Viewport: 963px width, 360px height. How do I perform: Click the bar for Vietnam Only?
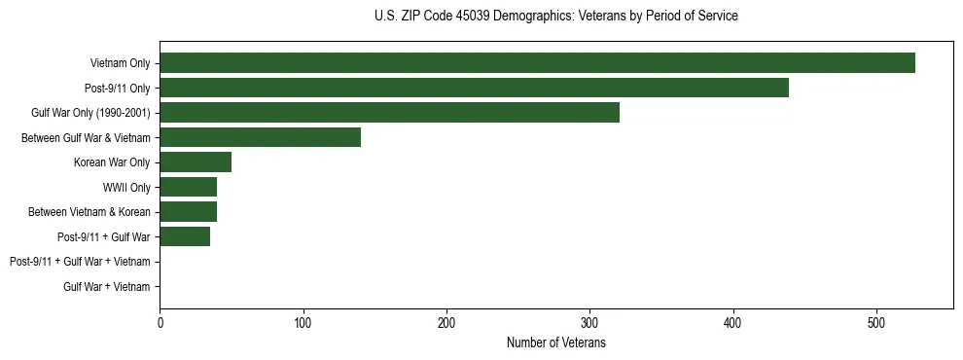pos(537,63)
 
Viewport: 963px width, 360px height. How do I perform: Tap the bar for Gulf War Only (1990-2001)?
pos(389,113)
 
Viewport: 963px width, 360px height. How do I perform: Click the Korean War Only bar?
pos(196,162)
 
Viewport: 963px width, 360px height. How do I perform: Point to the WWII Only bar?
pos(188,187)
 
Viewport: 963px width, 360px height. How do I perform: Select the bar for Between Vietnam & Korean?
pos(188,212)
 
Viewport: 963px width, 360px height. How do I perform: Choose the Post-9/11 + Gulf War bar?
pos(185,236)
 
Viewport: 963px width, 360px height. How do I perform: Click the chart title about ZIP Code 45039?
pos(555,17)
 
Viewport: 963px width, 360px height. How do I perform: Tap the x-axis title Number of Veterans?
pos(555,343)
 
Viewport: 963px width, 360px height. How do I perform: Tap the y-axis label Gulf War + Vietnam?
pos(106,287)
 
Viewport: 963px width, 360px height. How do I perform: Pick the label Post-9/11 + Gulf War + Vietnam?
pos(80,262)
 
